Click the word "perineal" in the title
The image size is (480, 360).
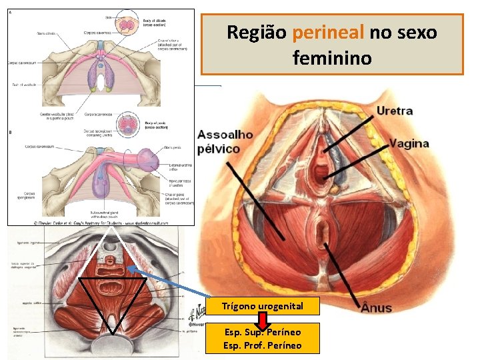coord(328,32)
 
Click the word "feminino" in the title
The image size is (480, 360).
coord(331,59)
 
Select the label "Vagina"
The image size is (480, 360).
coord(409,143)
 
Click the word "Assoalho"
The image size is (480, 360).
coord(226,134)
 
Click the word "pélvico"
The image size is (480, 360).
coord(218,149)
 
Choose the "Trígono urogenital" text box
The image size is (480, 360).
coord(263,306)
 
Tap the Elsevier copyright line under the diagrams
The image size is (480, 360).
coord(100,221)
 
